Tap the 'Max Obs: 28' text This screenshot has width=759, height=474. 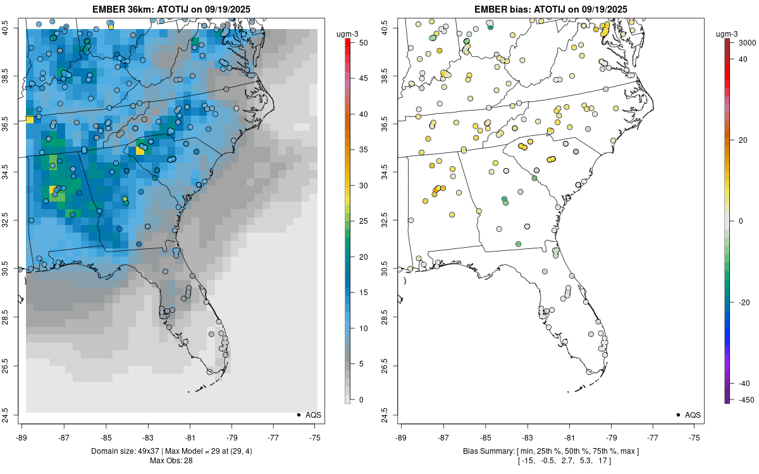171,460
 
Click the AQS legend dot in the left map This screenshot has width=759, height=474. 298,415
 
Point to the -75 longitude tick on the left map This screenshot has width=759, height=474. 316,437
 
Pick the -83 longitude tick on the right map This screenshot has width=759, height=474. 527,437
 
